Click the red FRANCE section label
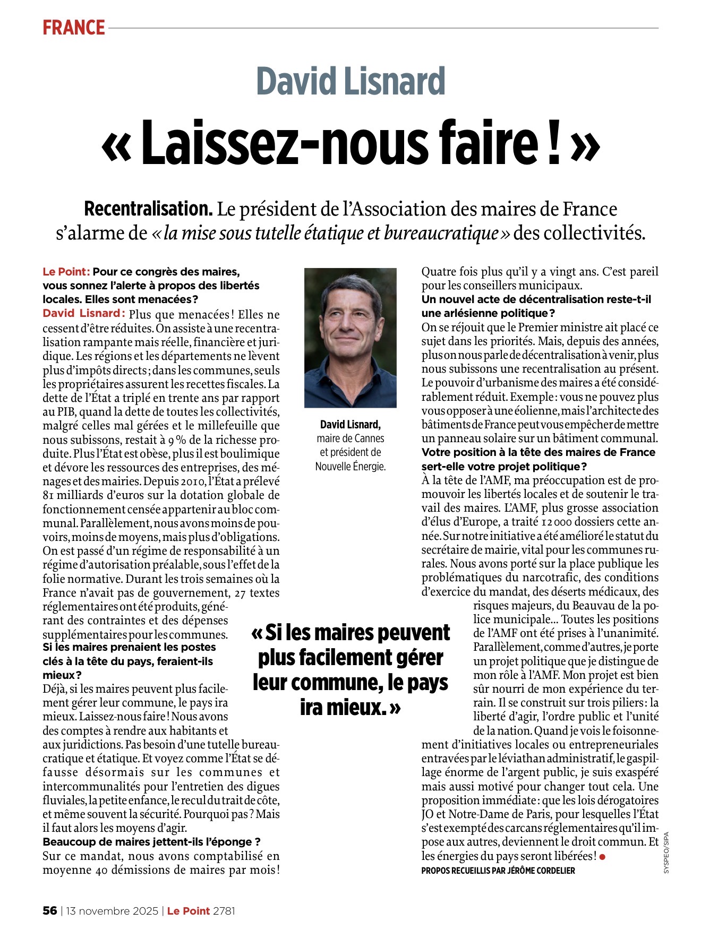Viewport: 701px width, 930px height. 74,28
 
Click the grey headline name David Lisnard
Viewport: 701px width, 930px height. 350,82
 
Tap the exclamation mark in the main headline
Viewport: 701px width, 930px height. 554,142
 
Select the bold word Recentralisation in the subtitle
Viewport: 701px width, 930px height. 148,209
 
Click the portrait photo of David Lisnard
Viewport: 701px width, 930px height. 350,338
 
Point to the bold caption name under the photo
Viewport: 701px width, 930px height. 350,425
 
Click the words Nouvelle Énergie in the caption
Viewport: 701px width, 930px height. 350,466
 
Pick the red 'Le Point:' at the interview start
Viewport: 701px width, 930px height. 66,272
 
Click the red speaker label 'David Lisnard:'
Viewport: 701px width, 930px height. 84,313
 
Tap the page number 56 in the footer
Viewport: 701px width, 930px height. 49,910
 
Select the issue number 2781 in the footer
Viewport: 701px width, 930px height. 224,910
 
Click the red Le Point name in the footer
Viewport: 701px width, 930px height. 189,910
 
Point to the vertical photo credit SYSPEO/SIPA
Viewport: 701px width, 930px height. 666,852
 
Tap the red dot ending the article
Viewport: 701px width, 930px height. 602,856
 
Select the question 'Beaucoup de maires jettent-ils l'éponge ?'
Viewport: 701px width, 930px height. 151,842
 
